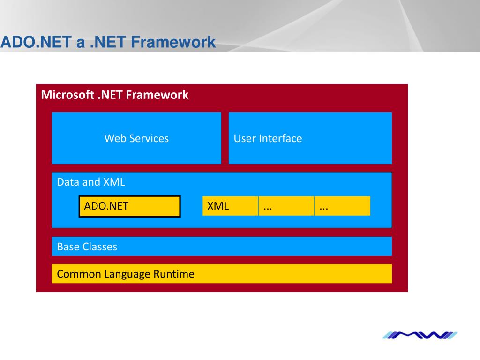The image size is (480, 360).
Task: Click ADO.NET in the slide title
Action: (x=36, y=42)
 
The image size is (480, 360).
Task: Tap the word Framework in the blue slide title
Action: (x=173, y=42)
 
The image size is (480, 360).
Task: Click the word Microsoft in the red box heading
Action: (x=67, y=95)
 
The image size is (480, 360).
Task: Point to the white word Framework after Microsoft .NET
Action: (x=157, y=95)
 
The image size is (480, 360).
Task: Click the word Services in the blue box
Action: (x=149, y=138)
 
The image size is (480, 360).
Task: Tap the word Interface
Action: (x=280, y=138)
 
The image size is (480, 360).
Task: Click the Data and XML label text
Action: (x=91, y=182)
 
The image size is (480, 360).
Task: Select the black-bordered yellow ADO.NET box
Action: (x=130, y=206)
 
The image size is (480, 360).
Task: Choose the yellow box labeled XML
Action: (x=230, y=206)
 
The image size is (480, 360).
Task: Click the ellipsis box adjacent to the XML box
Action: (x=286, y=206)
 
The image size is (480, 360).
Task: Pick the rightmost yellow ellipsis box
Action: (x=342, y=206)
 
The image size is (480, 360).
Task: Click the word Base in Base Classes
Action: (x=68, y=247)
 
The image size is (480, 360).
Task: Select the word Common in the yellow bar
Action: (x=79, y=274)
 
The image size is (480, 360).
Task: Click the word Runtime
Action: (x=174, y=274)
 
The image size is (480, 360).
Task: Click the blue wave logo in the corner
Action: (x=420, y=335)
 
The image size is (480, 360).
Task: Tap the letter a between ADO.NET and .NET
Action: (x=81, y=43)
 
